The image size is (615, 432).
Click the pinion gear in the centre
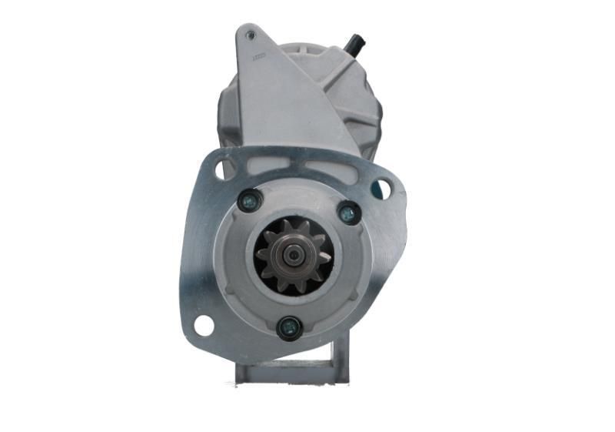tap(295, 256)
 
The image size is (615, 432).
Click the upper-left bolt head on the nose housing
tap(248, 202)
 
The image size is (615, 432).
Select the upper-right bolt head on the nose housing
tap(348, 213)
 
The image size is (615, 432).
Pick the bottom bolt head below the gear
tap(288, 327)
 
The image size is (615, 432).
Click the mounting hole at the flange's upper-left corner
tap(223, 168)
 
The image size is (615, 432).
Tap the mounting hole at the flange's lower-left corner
tap(204, 325)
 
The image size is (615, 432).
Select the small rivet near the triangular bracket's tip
tap(249, 35)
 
